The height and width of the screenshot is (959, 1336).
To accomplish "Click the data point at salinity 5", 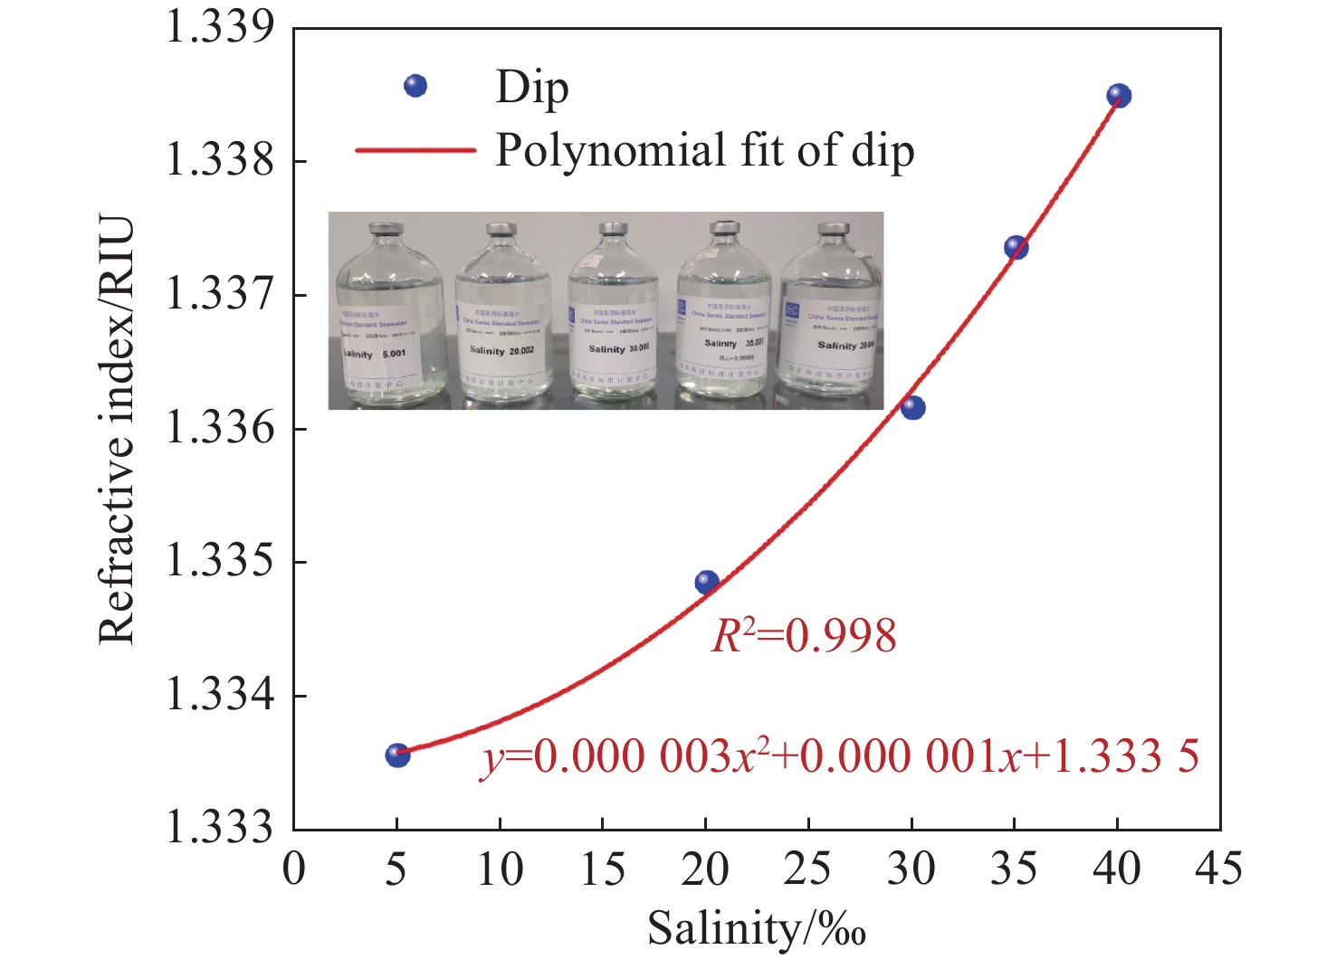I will click(x=397, y=755).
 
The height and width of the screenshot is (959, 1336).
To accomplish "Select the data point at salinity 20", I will click(x=707, y=582).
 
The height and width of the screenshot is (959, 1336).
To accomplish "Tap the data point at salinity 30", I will click(x=913, y=407).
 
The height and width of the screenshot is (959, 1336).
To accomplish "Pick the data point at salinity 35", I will click(x=1016, y=247).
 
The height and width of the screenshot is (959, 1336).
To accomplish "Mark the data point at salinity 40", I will click(x=1120, y=95).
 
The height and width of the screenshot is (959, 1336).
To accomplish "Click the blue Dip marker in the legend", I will click(x=415, y=86).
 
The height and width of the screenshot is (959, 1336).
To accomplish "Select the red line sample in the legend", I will click(x=415, y=150).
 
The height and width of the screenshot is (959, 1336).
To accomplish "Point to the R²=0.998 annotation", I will click(x=804, y=635).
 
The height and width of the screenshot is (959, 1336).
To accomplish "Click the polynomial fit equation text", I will click(x=839, y=756).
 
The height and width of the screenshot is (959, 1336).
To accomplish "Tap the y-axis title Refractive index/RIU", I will click(x=117, y=430).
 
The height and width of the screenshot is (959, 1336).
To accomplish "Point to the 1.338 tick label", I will click(x=219, y=161).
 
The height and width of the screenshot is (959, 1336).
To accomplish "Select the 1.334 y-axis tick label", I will click(x=219, y=696).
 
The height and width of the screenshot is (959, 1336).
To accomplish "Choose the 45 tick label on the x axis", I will click(x=1218, y=869).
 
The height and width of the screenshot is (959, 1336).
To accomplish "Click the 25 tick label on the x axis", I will click(x=807, y=869).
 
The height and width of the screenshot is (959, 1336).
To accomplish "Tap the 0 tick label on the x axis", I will click(x=294, y=869).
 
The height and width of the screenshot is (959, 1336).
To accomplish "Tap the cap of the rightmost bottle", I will click(x=833, y=229).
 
